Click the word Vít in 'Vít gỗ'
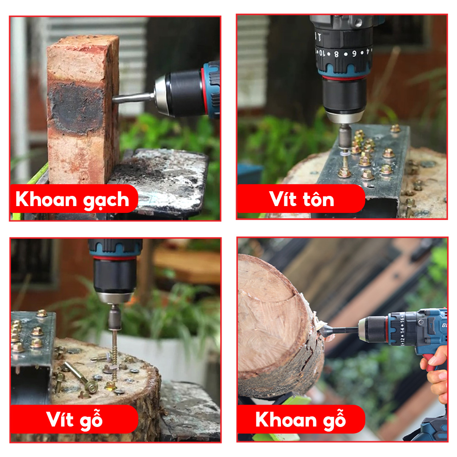click(x=59, y=419)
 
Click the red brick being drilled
click(x=83, y=109)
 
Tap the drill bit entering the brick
click(x=133, y=98)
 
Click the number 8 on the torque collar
click(x=337, y=54)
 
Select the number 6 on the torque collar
click(x=354, y=54)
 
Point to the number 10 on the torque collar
click(x=321, y=53)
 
